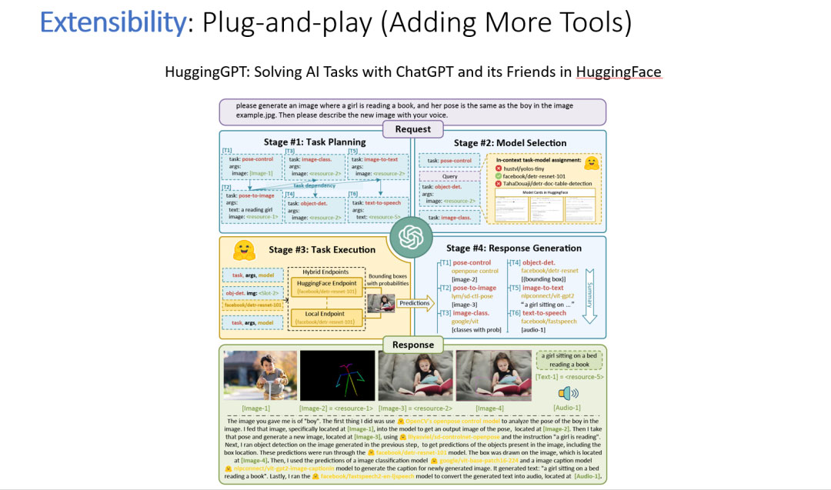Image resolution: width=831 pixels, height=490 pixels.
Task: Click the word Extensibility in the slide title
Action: tap(112, 23)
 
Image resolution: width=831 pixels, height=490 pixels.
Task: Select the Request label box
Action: tap(413, 128)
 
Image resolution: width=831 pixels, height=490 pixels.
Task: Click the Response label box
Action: tap(413, 345)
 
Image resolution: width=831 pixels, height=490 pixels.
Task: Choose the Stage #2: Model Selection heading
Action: tap(509, 142)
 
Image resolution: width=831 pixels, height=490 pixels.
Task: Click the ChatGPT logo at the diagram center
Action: tap(413, 236)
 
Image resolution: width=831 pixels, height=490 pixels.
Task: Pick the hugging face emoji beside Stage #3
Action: tap(244, 250)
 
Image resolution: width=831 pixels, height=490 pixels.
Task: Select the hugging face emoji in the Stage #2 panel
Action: tap(591, 163)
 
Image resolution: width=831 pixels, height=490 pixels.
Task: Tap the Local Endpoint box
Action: tap(325, 317)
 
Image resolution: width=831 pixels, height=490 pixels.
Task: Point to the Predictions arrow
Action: tap(416, 304)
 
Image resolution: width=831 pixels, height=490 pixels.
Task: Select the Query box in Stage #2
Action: tap(450, 176)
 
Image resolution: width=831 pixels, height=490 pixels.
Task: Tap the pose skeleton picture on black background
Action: tap(337, 375)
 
